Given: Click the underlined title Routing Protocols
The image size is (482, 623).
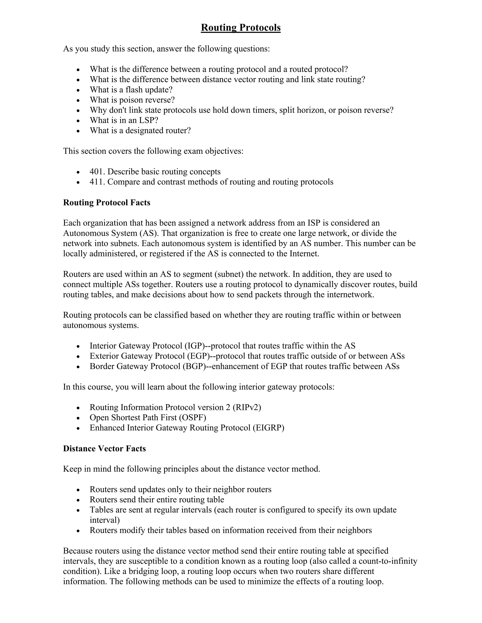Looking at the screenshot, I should point(241,28).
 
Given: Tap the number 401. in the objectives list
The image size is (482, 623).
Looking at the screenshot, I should point(97,172).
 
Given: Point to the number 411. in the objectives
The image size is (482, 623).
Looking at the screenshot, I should point(97,182).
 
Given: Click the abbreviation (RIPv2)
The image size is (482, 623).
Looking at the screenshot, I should point(247,407).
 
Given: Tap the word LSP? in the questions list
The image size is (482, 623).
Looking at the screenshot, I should point(149,120).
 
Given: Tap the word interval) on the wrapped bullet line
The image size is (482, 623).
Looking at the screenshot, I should point(104,520).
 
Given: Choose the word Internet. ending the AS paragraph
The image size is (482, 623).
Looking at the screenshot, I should point(304,254).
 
